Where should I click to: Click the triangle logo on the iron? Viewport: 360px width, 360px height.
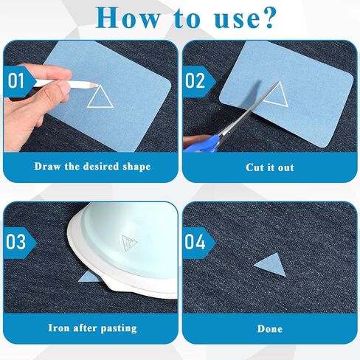(x=129, y=243)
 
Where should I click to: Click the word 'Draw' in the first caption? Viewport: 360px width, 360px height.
(x=47, y=167)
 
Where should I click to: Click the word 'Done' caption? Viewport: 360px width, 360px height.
(x=270, y=329)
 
